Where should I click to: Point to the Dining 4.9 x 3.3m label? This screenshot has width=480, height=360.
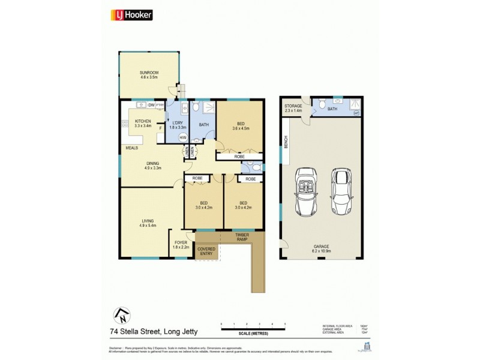pos(154,166)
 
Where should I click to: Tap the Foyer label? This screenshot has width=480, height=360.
pos(181,244)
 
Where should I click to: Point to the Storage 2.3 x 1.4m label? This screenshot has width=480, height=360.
pos(293,108)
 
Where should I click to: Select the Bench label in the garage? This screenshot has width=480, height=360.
pos(286,142)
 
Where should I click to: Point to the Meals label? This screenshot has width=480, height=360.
pos(131,148)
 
